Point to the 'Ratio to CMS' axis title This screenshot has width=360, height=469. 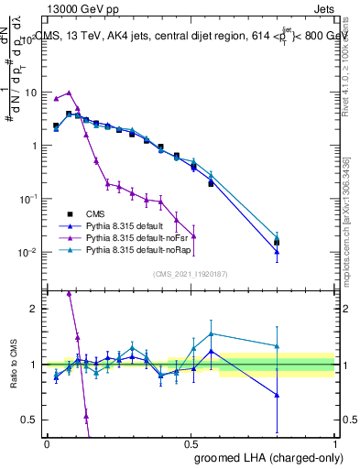12,365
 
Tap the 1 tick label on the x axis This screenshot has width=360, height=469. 335,442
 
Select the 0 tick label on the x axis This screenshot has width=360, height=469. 46,442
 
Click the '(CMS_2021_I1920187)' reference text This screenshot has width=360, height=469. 191,273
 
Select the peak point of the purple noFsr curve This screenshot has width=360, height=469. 69,93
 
